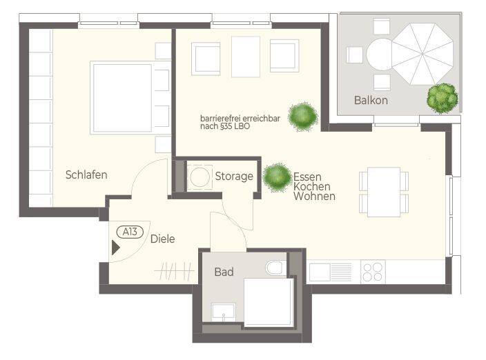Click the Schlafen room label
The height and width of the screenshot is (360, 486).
(86, 175)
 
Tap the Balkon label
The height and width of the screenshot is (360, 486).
(371, 100)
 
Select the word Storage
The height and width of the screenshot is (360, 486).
(234, 177)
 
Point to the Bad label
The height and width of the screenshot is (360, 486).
(224, 272)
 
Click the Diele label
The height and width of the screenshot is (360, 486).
(163, 239)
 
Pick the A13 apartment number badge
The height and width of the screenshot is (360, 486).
(130, 232)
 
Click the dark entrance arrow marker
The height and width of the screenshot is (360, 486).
(115, 248)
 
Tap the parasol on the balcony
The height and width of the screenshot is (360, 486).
(422, 54)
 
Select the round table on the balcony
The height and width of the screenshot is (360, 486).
(380, 54)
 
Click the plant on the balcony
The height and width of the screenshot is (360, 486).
(443, 99)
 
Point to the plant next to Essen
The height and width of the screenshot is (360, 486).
(277, 177)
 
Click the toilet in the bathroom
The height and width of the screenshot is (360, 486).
(276, 268)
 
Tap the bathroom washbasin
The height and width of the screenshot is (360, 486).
(224, 312)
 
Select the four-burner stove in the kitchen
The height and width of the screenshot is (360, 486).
(373, 272)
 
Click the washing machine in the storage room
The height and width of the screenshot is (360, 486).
(200, 177)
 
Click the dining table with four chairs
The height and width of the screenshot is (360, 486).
(384, 192)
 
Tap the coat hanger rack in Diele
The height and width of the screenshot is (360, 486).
(175, 271)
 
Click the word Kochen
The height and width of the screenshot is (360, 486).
(312, 187)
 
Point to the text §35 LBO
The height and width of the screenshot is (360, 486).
(235, 126)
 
